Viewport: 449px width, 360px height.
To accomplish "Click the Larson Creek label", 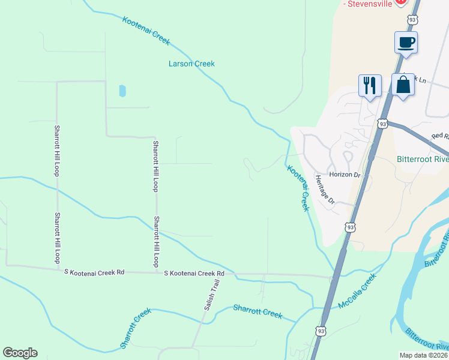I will [x=191, y=64].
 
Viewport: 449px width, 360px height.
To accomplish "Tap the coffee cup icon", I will [x=406, y=43].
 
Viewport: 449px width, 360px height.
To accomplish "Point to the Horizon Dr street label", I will [x=345, y=175].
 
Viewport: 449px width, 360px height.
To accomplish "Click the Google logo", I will [x=20, y=353].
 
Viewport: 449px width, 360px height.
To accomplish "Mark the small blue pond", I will [x=122, y=91].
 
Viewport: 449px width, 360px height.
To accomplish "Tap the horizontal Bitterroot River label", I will [x=423, y=160].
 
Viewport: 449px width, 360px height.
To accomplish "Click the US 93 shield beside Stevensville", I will [x=412, y=20].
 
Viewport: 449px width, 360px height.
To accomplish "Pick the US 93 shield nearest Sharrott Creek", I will [x=321, y=331].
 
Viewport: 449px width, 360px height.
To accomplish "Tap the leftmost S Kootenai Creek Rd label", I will [x=94, y=272].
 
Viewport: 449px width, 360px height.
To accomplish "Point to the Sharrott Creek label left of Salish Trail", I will [x=134, y=329].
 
